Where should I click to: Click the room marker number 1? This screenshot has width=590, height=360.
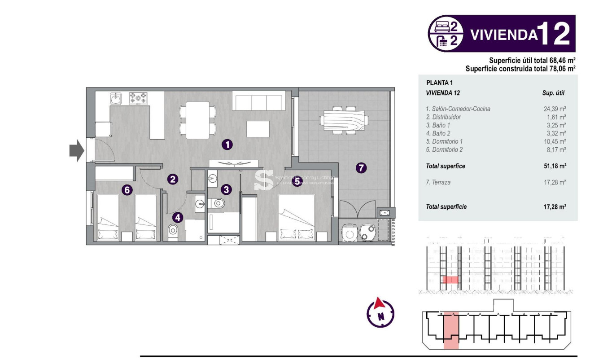tap(227, 145)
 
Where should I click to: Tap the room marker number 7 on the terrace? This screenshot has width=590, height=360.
tap(361, 168)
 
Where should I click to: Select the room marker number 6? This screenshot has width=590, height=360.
tap(127, 190)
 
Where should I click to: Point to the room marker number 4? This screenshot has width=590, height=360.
tap(178, 218)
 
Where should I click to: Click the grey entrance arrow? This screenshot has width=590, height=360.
tap(77, 150)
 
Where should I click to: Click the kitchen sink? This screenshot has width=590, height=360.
tap(116, 98)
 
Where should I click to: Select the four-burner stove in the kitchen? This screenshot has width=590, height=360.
tap(138, 98)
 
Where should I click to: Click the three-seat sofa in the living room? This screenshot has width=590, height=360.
tap(258, 101)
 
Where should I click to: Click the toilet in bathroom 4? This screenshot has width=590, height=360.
tap(172, 233)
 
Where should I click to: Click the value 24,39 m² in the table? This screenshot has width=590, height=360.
tap(555, 109)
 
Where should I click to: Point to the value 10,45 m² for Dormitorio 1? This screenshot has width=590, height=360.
tap(555, 141)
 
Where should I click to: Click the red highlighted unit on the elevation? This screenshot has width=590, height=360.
tap(450, 280)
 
